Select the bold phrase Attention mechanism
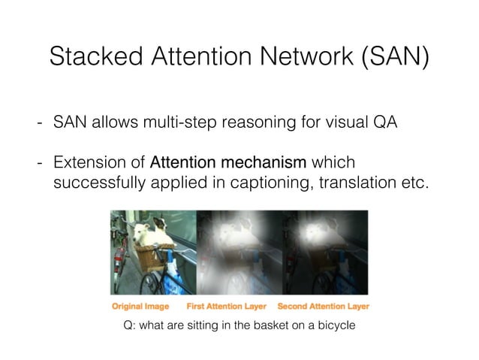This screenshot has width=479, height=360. pyautogui.click(x=229, y=163)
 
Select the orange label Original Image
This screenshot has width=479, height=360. pyautogui.click(x=140, y=307)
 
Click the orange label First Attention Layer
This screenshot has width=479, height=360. pyautogui.click(x=225, y=307)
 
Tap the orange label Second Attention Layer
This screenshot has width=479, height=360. pyautogui.click(x=324, y=307)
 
